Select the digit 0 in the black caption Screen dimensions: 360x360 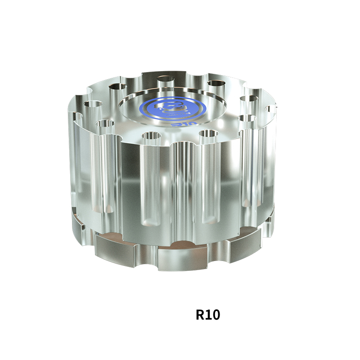click(x=215, y=315)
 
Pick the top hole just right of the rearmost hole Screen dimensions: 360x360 click(x=216, y=84)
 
